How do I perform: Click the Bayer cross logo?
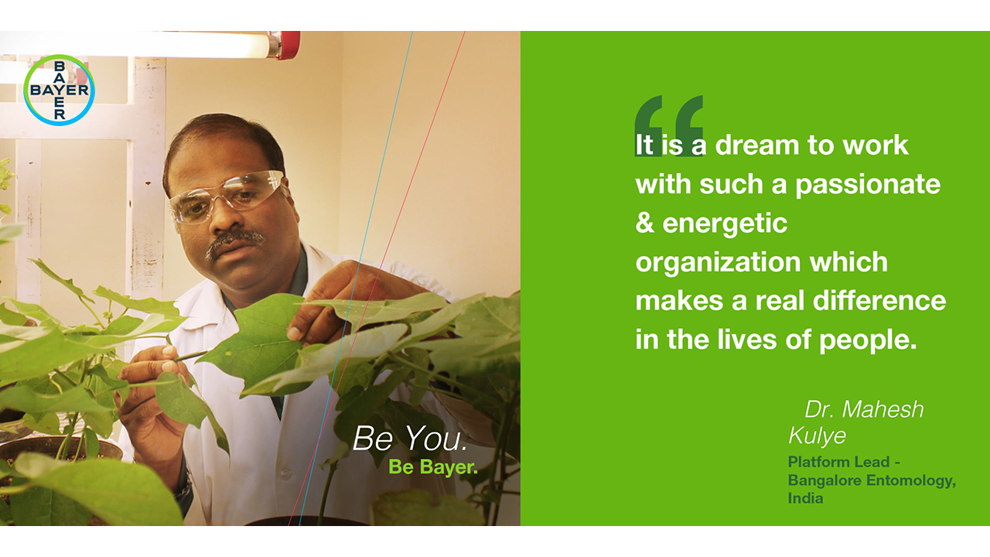59,91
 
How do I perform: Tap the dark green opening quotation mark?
669,125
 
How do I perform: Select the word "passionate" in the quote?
868,185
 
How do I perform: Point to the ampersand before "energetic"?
645,223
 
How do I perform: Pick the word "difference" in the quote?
879,301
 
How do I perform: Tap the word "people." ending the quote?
869,341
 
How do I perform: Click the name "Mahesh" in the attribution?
882,409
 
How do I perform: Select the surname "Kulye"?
818,436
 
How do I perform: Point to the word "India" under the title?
805,498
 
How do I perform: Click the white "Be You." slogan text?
410,439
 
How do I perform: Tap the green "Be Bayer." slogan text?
433,467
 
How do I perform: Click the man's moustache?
235,241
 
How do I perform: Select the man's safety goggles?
227,196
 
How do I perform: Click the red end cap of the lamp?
288,45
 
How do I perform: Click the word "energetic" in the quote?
725,224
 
